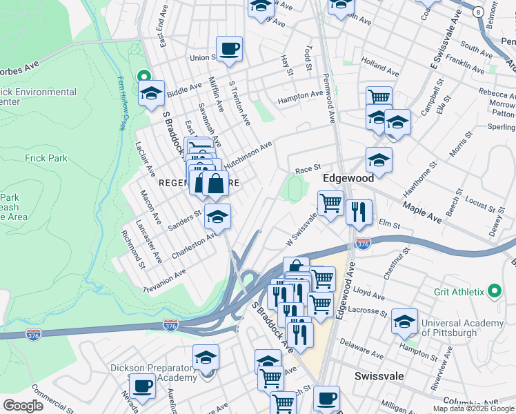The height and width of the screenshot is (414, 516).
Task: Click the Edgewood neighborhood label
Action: (348, 178)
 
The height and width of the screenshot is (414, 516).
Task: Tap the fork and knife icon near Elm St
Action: (359, 213)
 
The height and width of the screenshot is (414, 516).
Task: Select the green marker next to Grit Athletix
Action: (494, 292)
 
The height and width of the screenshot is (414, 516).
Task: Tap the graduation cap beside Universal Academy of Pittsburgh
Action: (404, 322)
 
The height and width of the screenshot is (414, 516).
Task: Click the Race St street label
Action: (308, 168)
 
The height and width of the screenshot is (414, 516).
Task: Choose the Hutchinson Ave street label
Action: (248, 150)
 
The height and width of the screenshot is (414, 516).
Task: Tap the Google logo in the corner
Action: (23, 406)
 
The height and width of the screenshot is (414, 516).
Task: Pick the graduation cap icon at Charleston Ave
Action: (217, 216)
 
